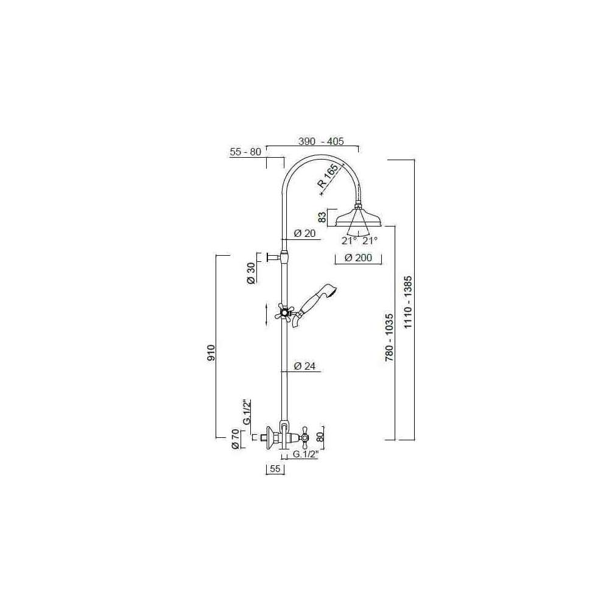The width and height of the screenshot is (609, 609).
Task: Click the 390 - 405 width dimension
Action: click(321, 141)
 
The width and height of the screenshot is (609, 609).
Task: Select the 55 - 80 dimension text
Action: click(245, 152)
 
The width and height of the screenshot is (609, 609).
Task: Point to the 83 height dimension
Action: click(323, 217)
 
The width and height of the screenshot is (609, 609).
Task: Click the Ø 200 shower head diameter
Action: click(359, 258)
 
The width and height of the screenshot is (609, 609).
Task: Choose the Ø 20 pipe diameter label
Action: click(305, 233)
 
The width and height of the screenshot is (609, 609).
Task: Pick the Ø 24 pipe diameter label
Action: click(305, 366)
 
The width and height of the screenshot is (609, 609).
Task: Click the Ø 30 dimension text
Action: click(252, 273)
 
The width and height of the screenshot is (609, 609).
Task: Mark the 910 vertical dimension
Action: click(211, 353)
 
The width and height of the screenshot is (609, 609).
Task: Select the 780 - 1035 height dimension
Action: click(389, 337)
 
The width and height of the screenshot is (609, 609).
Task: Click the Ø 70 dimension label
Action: click(235, 440)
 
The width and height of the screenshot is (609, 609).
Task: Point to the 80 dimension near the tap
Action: click(320, 437)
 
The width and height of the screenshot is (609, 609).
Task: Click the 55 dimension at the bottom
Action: click(275, 468)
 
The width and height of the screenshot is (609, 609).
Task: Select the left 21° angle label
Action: click(349, 241)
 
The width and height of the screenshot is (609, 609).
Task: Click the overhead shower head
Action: click(359, 217)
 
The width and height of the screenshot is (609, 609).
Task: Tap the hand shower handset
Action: click(315, 305)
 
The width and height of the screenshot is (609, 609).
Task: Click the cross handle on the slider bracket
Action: click(284, 311)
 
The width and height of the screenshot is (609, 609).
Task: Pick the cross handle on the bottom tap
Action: click(304, 438)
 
